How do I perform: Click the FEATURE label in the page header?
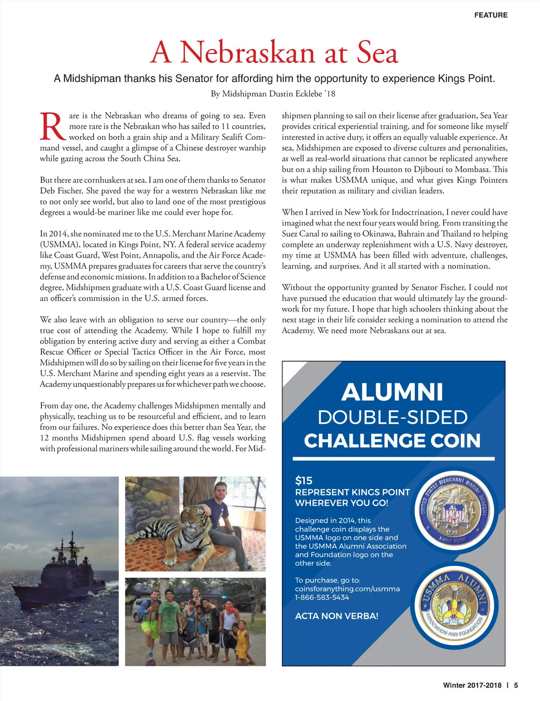(x=490, y=15)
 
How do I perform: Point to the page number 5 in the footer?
(x=516, y=685)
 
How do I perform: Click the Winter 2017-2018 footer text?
(x=472, y=685)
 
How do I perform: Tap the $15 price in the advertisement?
(x=304, y=480)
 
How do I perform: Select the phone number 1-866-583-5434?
(x=322, y=597)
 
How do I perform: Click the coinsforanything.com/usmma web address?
(x=347, y=589)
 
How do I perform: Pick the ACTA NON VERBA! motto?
(x=337, y=616)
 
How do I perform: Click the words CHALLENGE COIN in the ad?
(x=392, y=440)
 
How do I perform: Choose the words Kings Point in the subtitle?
(x=466, y=78)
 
